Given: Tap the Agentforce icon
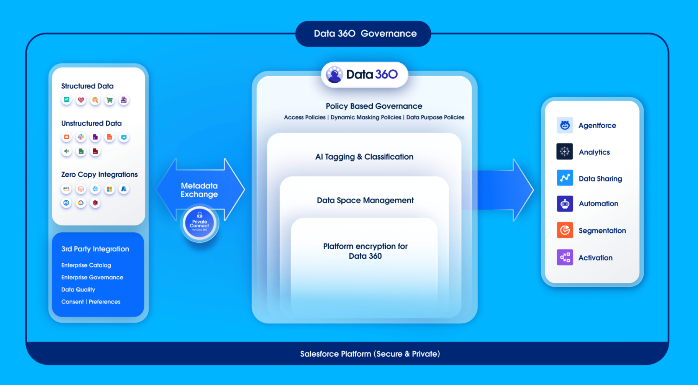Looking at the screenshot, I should tap(564, 126).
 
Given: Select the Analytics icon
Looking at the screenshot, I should tap(564, 152).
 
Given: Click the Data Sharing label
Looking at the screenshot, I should tap(600, 179).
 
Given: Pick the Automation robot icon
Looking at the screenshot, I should tap(564, 204).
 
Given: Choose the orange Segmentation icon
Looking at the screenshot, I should tap(564, 230).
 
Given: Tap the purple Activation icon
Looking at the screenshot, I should tap(564, 257).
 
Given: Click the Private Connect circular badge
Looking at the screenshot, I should tap(199, 223).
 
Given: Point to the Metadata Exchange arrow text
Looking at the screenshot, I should tap(199, 190).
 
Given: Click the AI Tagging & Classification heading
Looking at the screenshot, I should tap(364, 157).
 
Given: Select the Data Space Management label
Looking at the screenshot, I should tap(365, 200).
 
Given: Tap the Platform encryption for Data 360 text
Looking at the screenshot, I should tap(365, 251).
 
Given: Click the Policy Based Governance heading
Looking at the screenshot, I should tap(374, 106).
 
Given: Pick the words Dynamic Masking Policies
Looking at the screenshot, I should tap(365, 117).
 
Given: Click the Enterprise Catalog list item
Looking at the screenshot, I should tap(86, 265).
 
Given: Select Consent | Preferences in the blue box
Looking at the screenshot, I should tap(90, 302).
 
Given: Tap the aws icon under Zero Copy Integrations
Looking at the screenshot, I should tap(66, 189).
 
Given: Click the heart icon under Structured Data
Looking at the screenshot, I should tap(81, 100).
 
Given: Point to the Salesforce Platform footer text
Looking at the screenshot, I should tap(370, 354).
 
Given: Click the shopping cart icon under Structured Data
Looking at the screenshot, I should tap(110, 100).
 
